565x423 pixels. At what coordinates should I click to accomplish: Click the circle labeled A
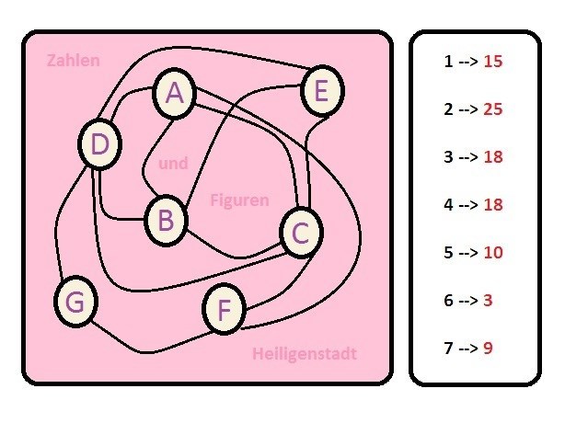click(x=176, y=93)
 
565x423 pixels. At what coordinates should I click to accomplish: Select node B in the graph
click(x=166, y=220)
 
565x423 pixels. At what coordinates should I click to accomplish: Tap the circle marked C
click(x=301, y=234)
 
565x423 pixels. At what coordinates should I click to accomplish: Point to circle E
click(x=321, y=91)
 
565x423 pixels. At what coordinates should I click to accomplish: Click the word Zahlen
click(x=73, y=61)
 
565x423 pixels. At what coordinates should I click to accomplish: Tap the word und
click(x=173, y=164)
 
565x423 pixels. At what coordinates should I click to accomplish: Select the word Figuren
click(x=239, y=200)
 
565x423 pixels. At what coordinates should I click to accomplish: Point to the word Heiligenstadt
click(x=304, y=354)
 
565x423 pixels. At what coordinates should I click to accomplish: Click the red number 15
click(x=492, y=63)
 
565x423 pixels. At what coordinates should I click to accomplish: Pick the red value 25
click(x=492, y=109)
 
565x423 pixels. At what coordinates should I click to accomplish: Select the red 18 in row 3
click(x=492, y=157)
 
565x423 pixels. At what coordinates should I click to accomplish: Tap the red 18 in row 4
click(x=492, y=204)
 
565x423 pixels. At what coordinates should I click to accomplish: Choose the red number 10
click(x=492, y=252)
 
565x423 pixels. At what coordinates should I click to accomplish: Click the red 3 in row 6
click(x=488, y=300)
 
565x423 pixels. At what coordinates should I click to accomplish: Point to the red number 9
click(x=488, y=348)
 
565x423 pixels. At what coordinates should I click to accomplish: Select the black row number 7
click(x=448, y=348)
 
